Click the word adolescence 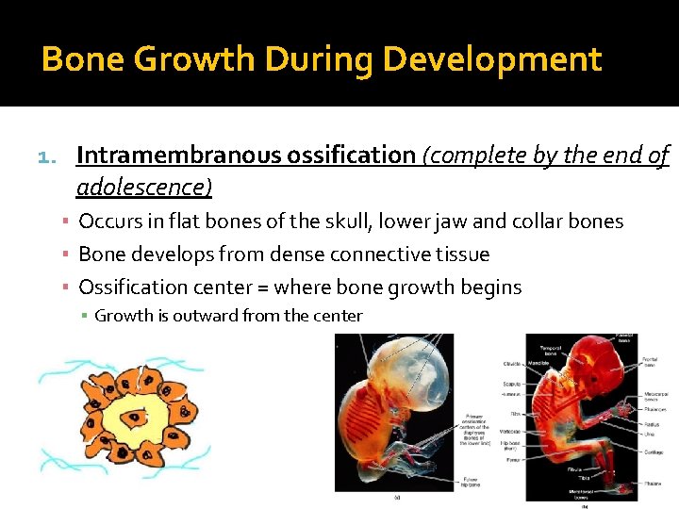pyautogui.click(x=141, y=187)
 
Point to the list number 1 pyautogui.click(x=49, y=156)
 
